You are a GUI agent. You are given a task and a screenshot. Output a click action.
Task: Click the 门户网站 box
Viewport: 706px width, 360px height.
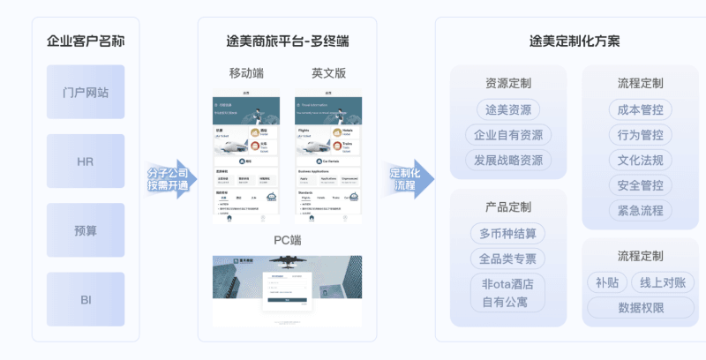click(86, 92)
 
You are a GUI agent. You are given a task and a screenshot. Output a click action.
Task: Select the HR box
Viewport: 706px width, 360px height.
click(86, 161)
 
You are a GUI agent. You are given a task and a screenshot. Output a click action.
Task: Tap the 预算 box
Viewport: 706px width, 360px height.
click(86, 230)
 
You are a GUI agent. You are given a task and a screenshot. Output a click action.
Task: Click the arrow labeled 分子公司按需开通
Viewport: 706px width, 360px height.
click(169, 179)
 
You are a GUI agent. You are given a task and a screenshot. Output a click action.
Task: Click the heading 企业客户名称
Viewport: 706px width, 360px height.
click(86, 41)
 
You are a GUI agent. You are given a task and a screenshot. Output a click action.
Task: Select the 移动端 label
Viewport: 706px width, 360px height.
click(245, 73)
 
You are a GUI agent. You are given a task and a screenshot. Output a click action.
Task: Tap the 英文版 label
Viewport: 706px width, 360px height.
click(328, 73)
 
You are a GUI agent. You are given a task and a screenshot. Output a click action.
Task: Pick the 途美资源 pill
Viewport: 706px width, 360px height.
click(507, 110)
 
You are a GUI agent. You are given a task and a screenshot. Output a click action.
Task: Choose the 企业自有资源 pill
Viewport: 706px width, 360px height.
click(507, 135)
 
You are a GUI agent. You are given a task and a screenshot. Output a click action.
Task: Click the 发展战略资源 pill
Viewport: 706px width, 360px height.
click(507, 161)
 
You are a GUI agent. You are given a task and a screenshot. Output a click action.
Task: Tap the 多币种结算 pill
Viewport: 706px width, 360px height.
click(507, 234)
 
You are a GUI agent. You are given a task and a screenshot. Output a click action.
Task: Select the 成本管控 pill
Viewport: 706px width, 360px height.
click(640, 110)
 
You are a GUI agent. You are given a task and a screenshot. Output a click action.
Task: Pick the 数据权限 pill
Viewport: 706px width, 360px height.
click(640, 308)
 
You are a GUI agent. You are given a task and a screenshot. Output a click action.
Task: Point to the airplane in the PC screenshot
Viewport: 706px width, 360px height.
click(288, 262)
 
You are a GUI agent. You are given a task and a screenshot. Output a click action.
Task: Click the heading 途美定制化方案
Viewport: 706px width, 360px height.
click(574, 41)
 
